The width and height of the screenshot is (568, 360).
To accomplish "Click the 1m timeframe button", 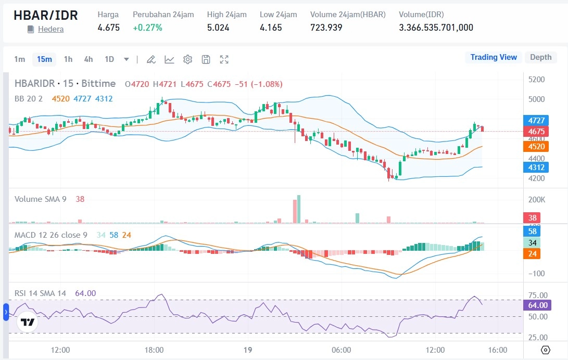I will point(19,59).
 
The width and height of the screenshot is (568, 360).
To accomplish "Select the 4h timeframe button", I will point(89,59).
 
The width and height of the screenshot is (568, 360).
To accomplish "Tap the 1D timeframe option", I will point(109,59).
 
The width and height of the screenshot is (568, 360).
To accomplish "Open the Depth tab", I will point(540,57).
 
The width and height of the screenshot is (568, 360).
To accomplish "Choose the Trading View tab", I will point(494,57).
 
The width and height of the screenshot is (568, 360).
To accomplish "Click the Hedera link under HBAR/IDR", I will point(51,29).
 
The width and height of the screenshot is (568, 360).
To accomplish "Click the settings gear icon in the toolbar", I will point(188,59).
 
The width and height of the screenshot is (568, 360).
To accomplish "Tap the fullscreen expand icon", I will point(224,59).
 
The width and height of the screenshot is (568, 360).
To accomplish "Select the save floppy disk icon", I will point(206,59).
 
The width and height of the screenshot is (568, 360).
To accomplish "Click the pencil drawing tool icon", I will point(151,59).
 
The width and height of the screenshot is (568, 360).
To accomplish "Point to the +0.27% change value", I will point(147,28).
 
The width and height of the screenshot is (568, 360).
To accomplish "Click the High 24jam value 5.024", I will point(218,28).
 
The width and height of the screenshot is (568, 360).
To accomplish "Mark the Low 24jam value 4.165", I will point(271,28).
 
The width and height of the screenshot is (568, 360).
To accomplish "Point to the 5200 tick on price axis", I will point(536,80).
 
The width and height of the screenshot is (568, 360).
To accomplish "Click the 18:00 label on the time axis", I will point(155,349).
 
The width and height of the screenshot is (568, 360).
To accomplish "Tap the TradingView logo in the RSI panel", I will point(28,322).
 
